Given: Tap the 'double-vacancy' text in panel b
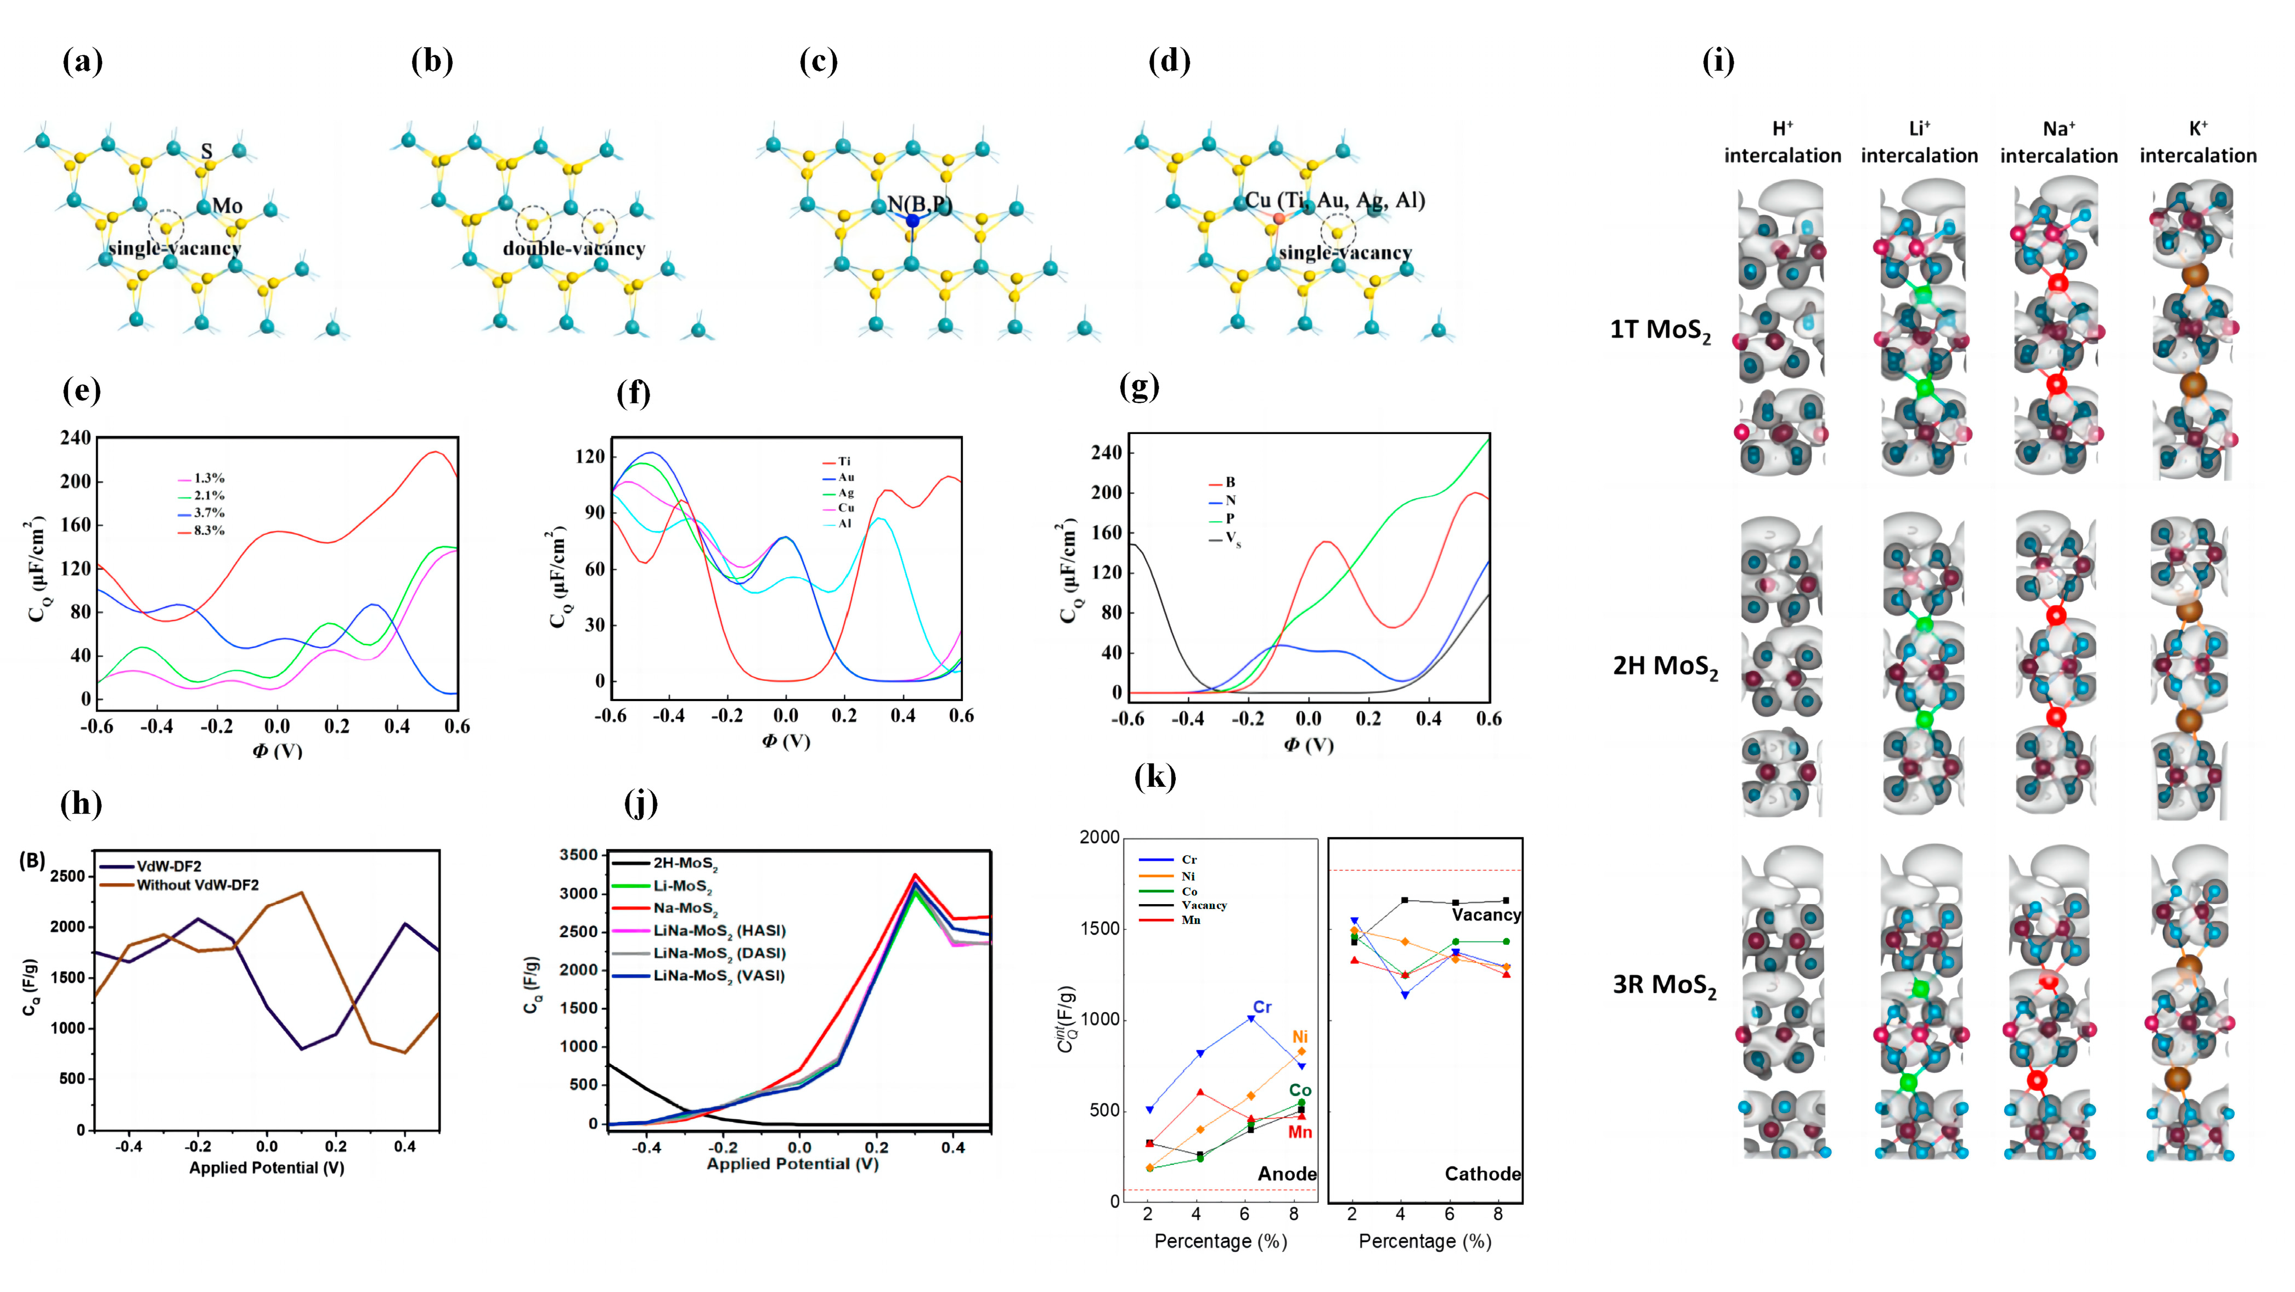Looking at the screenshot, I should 574,249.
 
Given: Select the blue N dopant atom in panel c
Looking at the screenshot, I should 912,220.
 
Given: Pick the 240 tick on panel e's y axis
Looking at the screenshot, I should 75,437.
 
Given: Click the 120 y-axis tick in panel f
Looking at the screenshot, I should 590,456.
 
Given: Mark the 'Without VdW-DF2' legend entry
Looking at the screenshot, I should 197,885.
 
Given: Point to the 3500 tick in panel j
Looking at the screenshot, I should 578,855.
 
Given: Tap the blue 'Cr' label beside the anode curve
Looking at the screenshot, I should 1261,1007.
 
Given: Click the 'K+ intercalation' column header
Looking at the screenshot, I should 2198,143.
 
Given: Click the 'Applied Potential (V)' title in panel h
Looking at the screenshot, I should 267,1167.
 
